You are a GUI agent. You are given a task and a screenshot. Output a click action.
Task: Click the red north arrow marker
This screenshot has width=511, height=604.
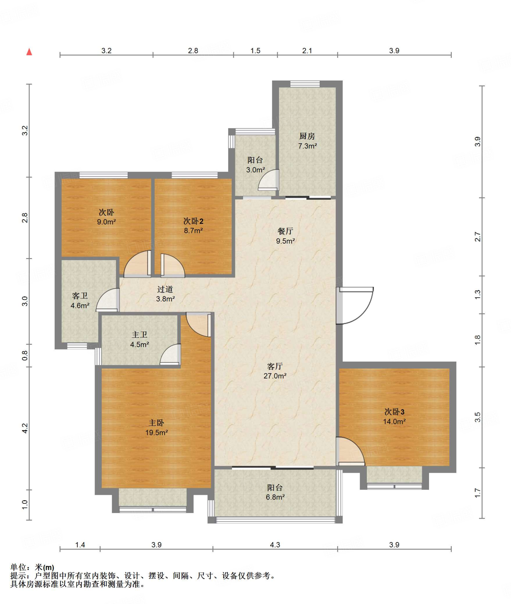click(x=29, y=52)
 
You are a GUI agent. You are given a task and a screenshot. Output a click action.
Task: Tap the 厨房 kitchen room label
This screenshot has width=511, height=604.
click(x=307, y=136)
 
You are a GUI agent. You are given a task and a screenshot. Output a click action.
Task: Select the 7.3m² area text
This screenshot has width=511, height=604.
click(x=307, y=146)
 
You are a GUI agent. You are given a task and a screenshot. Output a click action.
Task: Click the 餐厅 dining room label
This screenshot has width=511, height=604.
click(x=285, y=231)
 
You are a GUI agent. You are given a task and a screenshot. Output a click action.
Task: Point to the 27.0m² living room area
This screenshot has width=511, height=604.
click(x=275, y=376)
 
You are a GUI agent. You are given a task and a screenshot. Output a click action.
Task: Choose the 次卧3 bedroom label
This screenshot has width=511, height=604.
click(x=394, y=412)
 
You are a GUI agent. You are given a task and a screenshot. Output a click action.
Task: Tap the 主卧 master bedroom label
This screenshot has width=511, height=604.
click(x=156, y=423)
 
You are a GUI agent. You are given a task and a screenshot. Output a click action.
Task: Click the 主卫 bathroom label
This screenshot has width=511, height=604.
click(x=139, y=335)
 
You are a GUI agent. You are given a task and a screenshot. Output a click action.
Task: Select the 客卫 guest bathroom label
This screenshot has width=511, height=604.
click(x=80, y=296)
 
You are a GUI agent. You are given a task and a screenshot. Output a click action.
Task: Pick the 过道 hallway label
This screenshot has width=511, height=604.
click(x=165, y=289)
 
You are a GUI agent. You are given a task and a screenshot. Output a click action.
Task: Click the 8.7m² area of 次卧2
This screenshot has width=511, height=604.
click(x=193, y=231)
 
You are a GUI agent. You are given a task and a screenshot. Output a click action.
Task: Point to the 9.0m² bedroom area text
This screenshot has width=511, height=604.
click(x=106, y=222)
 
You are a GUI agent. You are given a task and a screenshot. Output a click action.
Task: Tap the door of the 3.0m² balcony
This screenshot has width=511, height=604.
click(x=269, y=180)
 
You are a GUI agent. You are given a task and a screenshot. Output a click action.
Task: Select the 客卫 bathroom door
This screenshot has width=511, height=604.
click(x=108, y=300)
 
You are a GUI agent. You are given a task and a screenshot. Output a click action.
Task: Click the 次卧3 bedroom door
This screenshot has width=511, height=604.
click(x=350, y=451)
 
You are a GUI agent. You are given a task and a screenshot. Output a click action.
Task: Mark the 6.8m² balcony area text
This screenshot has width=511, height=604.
click(x=275, y=497)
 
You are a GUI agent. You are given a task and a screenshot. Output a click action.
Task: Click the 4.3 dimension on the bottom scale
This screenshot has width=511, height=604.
click(x=275, y=545)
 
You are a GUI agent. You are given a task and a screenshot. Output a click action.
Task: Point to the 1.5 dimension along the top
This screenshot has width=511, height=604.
click(x=255, y=51)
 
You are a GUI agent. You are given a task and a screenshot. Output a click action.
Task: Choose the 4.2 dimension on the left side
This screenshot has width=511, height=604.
click(x=25, y=428)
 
